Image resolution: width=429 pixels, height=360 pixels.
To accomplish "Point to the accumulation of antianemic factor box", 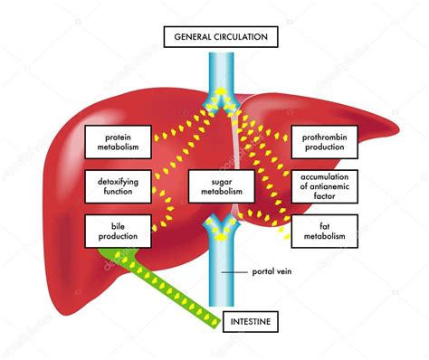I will pyautogui.click(x=324, y=185).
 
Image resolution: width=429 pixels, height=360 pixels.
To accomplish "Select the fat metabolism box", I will pyautogui.click(x=324, y=230).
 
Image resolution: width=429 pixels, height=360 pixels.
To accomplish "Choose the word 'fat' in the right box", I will pyautogui.click(x=324, y=224).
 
